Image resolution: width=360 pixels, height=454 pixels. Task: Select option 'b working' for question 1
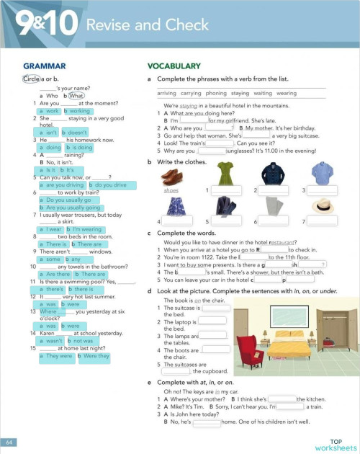click(x=78, y=111)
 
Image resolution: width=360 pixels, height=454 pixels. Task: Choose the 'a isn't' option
click(x=48, y=133)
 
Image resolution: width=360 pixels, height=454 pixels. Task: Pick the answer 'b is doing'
click(x=78, y=147)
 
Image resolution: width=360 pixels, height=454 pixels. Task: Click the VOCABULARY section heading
click(x=174, y=66)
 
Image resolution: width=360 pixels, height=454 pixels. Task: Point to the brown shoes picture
click(x=172, y=176)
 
